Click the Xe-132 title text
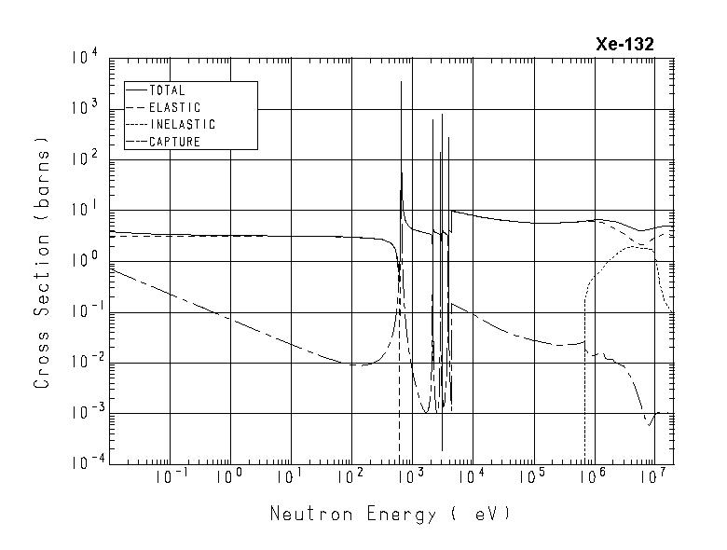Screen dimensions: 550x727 point(624,44)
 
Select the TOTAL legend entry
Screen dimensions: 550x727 point(167,91)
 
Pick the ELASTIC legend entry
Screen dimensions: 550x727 point(174,108)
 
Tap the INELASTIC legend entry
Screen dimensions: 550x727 point(182,125)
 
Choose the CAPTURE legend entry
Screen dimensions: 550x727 point(174,142)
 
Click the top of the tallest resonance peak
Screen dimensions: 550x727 point(401,82)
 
